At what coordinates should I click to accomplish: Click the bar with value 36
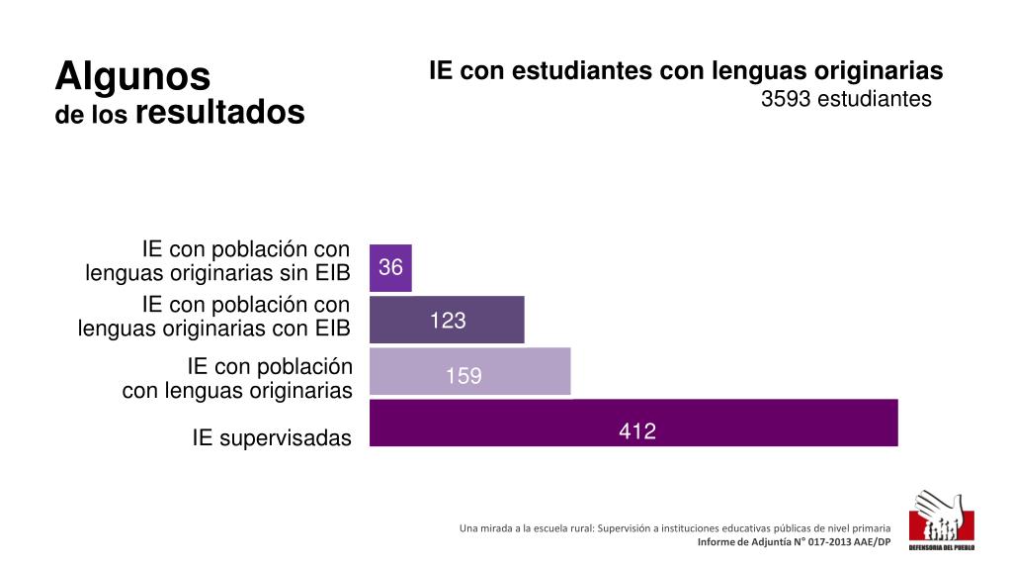pyautogui.click(x=390, y=268)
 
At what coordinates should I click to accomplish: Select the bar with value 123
pyautogui.click(x=447, y=320)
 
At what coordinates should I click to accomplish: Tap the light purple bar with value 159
pyautogui.click(x=470, y=372)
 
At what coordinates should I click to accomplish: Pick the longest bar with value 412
pyautogui.click(x=633, y=424)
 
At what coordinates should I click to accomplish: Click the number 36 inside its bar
pyautogui.click(x=390, y=268)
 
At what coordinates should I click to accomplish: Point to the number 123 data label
pyautogui.click(x=447, y=321)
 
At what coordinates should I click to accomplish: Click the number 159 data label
pyautogui.click(x=464, y=376)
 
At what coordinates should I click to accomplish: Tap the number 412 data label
pyautogui.click(x=637, y=431)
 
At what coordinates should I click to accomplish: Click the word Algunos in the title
pyautogui.click(x=132, y=75)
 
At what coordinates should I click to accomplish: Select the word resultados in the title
pyautogui.click(x=219, y=113)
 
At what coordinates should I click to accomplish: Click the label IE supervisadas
pyautogui.click(x=272, y=438)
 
